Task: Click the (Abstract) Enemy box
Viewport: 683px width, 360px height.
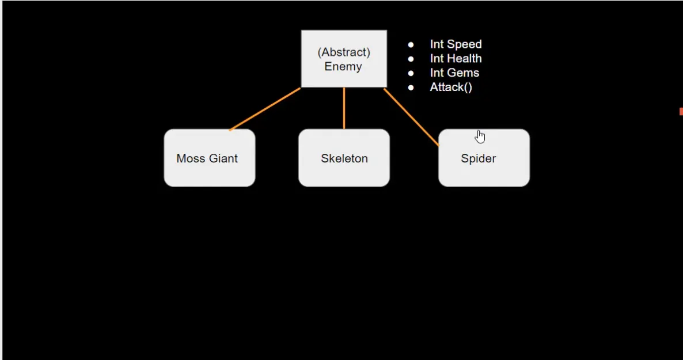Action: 344,59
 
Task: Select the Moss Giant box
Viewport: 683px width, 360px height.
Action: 210,158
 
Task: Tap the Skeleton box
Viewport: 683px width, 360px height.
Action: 344,158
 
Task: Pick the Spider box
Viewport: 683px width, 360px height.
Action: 484,158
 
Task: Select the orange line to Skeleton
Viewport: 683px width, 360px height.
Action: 344,108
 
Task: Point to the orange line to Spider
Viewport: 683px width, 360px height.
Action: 411,117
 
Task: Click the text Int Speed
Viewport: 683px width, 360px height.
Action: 456,44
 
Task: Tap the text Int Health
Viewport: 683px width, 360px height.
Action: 456,59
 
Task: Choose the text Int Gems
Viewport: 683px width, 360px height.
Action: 454,73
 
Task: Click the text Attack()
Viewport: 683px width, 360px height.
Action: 451,88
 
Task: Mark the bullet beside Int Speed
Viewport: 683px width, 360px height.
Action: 411,44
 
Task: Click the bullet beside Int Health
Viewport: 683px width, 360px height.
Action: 411,59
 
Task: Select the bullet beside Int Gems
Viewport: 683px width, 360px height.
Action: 411,73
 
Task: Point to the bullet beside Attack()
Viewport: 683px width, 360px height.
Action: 411,88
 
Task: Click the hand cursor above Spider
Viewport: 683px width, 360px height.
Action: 480,137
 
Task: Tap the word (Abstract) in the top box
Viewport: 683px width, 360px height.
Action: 344,52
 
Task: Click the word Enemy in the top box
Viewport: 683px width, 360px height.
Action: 343,66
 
